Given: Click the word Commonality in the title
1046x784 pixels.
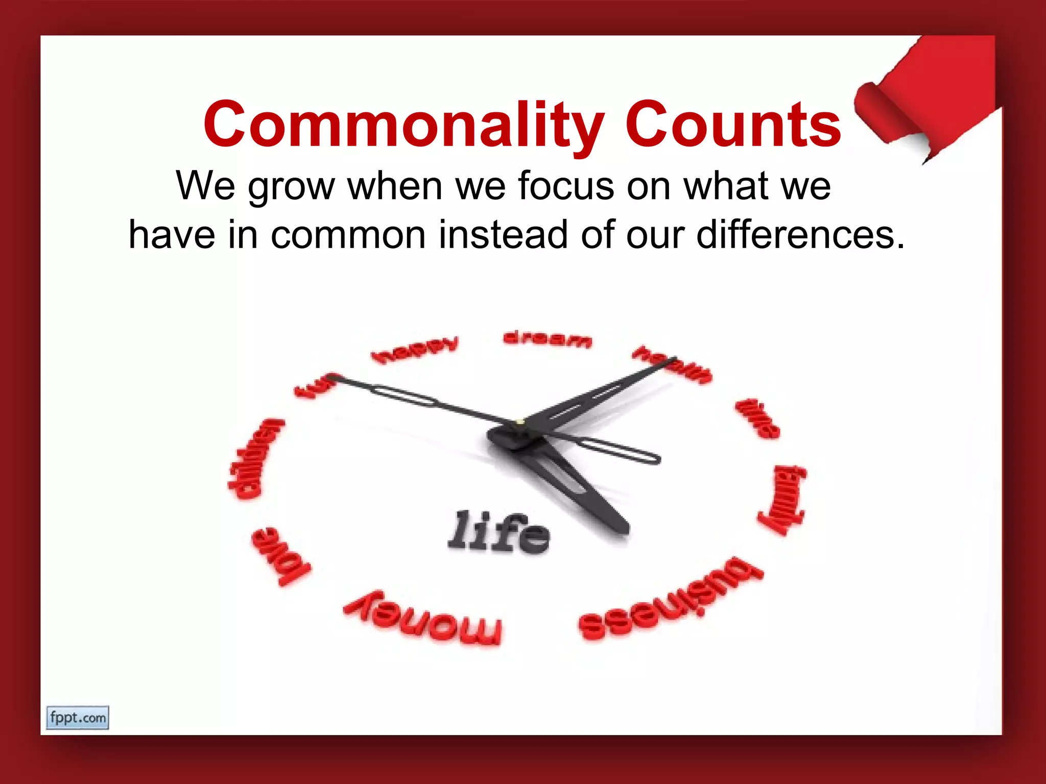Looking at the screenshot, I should tap(404, 125).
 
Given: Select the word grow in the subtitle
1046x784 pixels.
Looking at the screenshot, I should tap(291, 186).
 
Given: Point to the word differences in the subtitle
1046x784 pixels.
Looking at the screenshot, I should tap(800, 235).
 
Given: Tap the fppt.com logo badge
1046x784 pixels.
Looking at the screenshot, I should tap(78, 718).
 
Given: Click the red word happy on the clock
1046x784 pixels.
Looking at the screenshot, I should tap(415, 350).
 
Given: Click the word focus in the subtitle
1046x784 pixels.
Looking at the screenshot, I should tap(566, 186).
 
